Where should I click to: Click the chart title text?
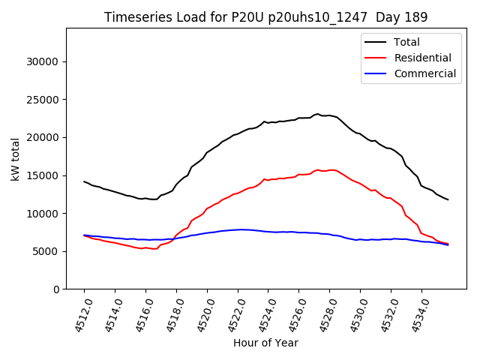coord(265,17)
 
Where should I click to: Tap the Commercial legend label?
coord(424,73)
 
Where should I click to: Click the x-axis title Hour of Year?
coord(265,343)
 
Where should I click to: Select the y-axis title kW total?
coord(16,159)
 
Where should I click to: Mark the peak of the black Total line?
coord(318,114)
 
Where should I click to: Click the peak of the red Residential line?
coord(318,170)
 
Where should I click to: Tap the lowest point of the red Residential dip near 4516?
coord(154,248)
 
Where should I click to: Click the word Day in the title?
coord(393,17)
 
